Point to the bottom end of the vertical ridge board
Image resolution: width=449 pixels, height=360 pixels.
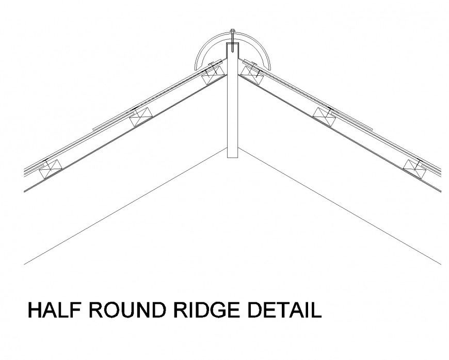(x=232, y=155)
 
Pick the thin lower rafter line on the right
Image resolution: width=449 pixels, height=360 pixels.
(x=341, y=206)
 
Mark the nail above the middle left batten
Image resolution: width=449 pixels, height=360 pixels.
(x=135, y=109)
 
